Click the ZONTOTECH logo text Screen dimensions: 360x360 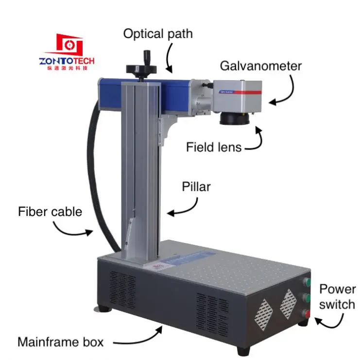(x=67, y=61)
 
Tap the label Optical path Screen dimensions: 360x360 (x=157, y=34)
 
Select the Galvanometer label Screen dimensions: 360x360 (x=261, y=66)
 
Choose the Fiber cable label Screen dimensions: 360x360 (x=50, y=212)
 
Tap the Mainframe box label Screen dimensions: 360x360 (x=60, y=342)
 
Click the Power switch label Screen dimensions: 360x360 (x=337, y=297)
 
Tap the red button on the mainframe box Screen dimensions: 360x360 (x=307, y=313)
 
